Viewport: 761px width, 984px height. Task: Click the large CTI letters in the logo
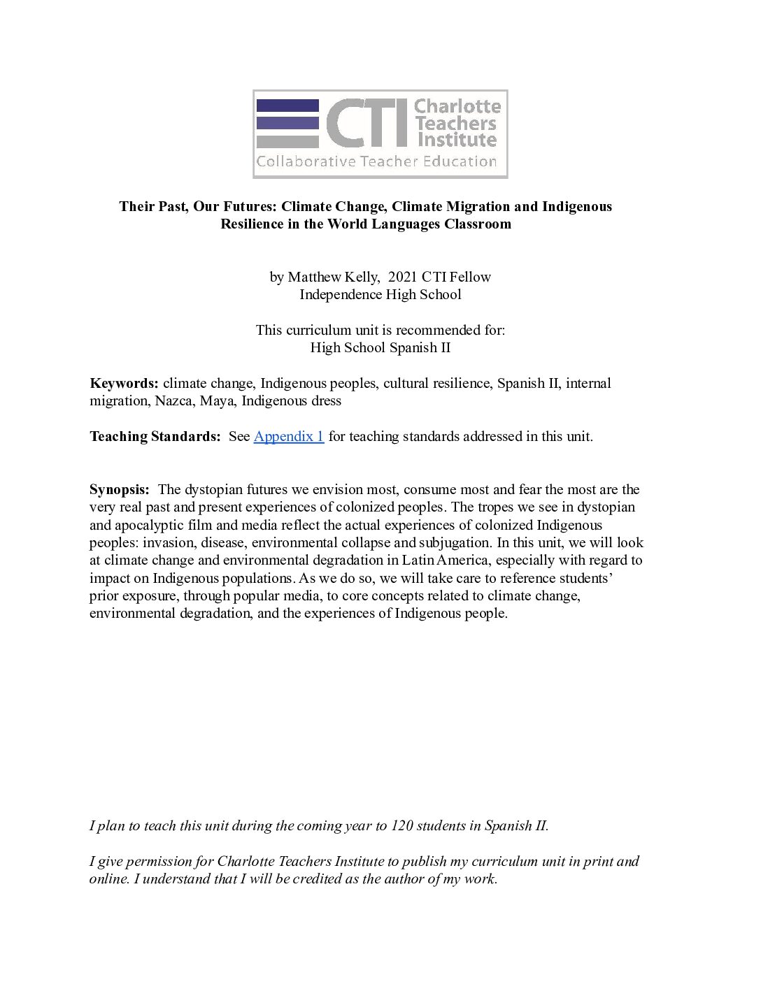367,123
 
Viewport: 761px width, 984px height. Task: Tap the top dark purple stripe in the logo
287,106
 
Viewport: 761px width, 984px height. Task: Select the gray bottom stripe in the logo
287,141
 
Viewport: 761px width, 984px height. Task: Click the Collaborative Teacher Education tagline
376,162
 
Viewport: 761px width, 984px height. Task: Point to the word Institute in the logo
457,140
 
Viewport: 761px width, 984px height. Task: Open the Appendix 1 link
288,437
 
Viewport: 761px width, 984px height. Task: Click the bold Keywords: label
125,384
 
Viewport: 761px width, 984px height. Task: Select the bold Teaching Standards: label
155,437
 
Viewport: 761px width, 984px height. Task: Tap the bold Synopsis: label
119,490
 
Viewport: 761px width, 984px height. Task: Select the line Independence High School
380,295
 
